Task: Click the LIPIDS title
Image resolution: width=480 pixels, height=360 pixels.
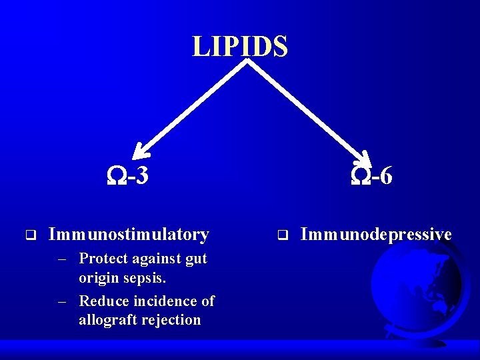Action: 240,47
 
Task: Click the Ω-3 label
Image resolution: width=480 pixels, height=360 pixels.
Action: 128,176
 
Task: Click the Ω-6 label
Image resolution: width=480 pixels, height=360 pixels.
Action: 371,176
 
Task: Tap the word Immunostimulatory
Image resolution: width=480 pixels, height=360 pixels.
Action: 129,235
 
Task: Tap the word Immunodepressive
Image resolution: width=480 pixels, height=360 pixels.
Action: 376,235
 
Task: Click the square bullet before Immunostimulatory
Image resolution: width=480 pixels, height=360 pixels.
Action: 30,235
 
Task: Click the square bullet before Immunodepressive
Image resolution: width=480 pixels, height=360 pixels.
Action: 282,235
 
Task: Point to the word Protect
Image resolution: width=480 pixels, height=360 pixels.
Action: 103,259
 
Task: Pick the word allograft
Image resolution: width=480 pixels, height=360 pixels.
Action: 107,320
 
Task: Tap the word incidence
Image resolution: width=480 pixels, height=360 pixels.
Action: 165,301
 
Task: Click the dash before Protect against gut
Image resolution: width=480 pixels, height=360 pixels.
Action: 63,259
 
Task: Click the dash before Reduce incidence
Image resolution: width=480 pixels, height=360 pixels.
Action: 63,301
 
